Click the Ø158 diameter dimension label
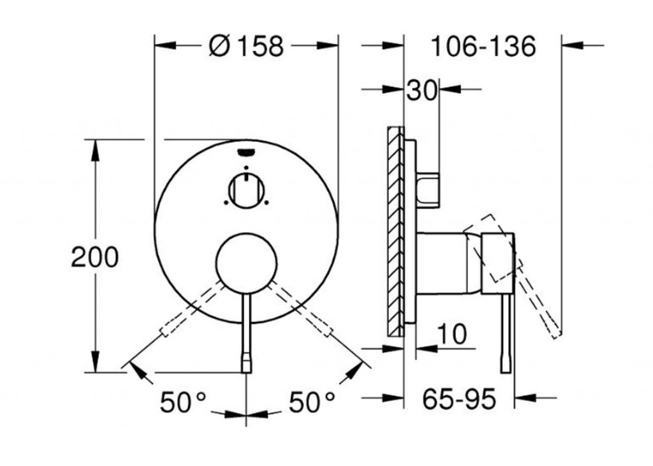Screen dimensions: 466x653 coord(246,46)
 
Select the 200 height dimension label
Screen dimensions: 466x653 coord(95,258)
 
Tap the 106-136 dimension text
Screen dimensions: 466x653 coord(483,46)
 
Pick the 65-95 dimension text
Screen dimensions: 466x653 coord(459,400)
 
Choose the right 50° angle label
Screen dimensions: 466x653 coord(312,402)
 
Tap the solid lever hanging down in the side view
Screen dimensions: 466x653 coord(506,335)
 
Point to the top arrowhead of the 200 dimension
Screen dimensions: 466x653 coord(95,146)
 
